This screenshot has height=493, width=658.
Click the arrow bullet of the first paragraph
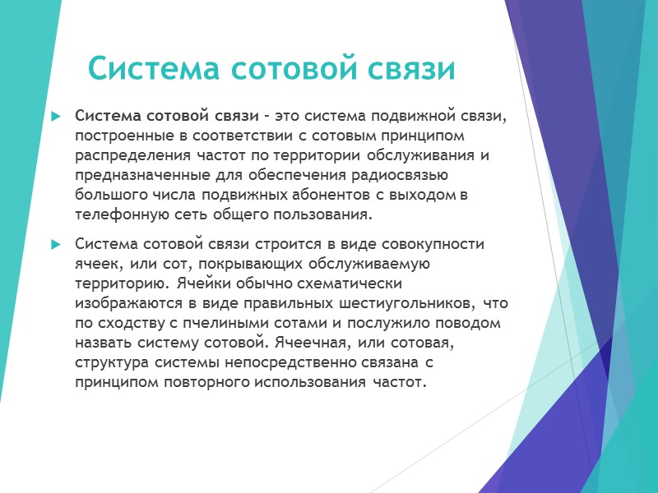56,116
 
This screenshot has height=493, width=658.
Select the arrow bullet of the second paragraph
56,245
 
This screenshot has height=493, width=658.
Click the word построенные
119,135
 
